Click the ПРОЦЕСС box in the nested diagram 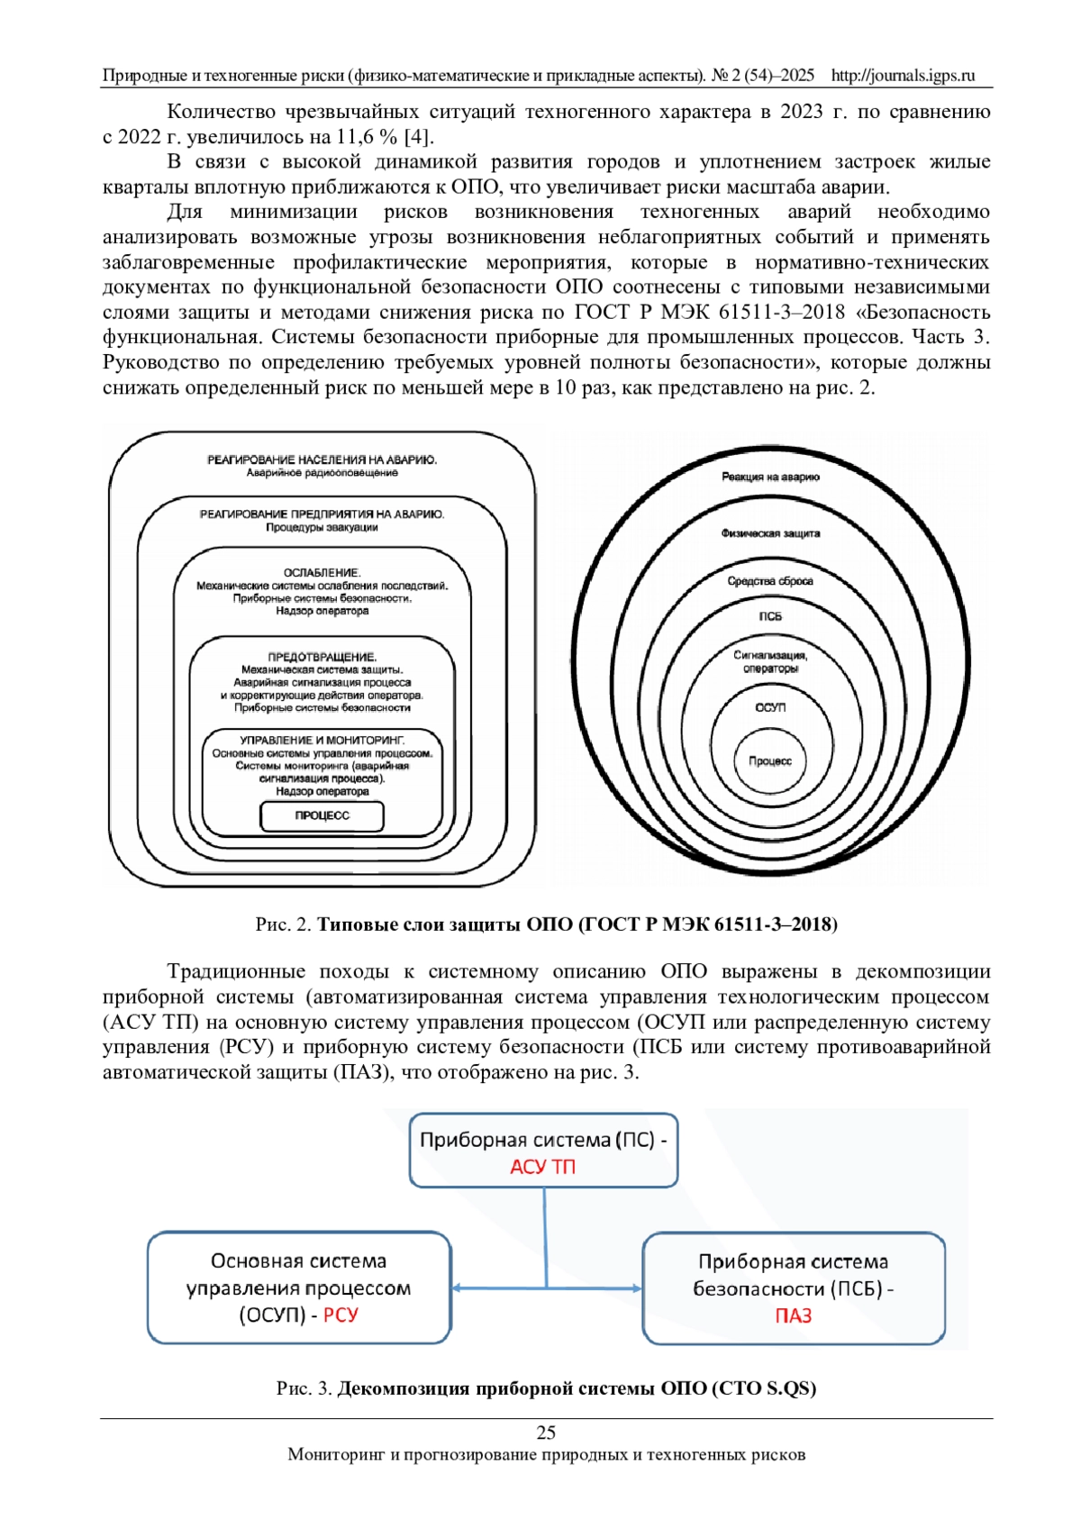pos(322,815)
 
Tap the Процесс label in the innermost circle pos(770,761)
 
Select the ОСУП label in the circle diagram pos(770,707)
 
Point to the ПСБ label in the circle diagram pos(770,617)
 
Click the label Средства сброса pos(770,581)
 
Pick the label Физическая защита pos(770,533)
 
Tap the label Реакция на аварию pos(770,477)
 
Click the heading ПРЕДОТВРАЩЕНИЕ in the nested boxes pos(322,657)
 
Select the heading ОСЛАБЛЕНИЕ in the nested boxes pos(322,572)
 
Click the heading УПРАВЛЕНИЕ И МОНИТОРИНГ pos(322,740)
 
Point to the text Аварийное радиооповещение pos(322,473)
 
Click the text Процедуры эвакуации pos(322,527)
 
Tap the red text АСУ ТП pos(542,1167)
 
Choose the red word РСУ pos(341,1315)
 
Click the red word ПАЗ pos(793,1316)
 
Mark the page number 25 pos(546,1433)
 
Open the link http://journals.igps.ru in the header pos(903,76)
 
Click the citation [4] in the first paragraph pos(417,137)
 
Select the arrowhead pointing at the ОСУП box pos(457,1288)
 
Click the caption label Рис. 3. pos(304,1388)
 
